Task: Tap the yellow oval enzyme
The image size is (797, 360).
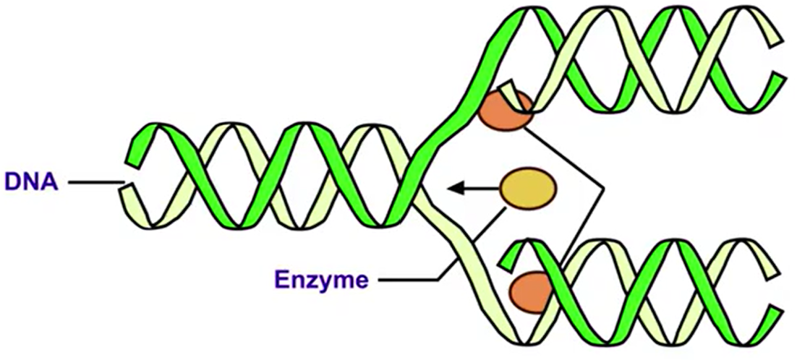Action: [529, 189]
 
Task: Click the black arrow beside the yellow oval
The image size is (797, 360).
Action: [474, 189]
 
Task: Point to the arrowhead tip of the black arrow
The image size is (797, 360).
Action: [449, 189]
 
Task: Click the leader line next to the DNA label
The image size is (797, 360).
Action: [95, 184]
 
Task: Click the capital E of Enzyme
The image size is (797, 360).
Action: [281, 278]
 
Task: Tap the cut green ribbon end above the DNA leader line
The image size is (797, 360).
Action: [134, 149]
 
